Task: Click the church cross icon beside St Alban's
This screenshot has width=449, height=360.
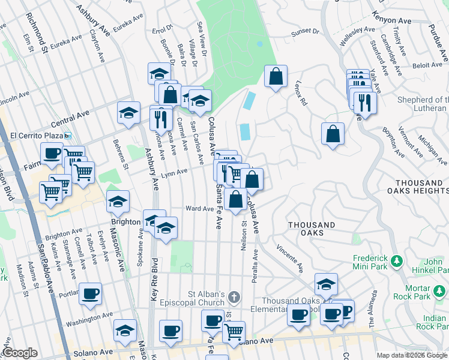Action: [235, 297]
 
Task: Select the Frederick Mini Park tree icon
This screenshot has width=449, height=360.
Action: [396, 262]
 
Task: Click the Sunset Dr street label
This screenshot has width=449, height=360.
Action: [305, 31]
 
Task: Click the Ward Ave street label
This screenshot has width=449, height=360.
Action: [200, 209]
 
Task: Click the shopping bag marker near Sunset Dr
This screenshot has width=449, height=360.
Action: [276, 76]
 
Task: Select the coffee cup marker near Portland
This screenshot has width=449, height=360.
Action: [90, 293]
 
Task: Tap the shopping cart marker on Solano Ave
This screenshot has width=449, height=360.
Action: [234, 331]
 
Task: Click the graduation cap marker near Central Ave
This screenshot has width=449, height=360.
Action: [128, 112]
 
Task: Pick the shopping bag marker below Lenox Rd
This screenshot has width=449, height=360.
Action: [333, 134]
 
